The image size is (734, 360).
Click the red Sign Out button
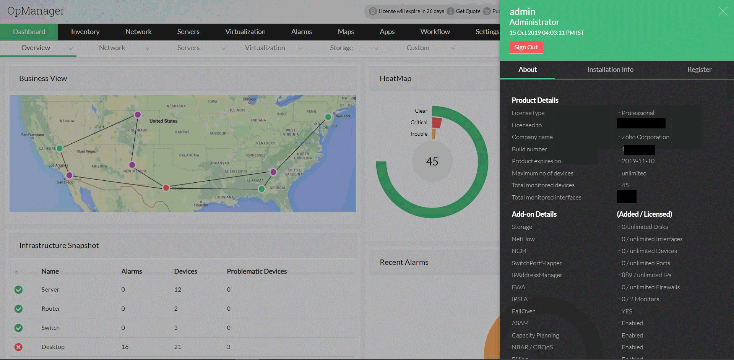point(526,47)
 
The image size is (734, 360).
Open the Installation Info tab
point(610,70)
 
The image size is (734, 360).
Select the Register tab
point(699,70)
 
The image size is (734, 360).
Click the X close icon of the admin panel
point(723,11)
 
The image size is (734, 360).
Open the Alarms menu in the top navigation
point(301,32)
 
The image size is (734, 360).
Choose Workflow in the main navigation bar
point(435,32)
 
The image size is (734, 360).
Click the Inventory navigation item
point(85,32)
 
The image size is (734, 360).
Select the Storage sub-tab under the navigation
point(341,48)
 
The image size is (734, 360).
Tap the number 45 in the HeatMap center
point(432,162)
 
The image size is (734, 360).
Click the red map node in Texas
point(166,188)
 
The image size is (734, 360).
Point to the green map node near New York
point(328,117)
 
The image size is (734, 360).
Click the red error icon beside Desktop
point(18,347)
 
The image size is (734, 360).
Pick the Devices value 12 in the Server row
point(177,290)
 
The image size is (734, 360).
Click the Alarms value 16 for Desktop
point(125,347)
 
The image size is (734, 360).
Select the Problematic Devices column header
point(257,271)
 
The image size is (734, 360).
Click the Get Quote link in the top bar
point(468,11)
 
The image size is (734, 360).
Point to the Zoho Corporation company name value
point(645,137)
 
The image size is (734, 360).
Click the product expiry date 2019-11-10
point(638,161)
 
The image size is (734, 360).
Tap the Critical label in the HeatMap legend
point(419,122)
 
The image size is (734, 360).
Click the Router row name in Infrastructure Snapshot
point(51,309)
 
